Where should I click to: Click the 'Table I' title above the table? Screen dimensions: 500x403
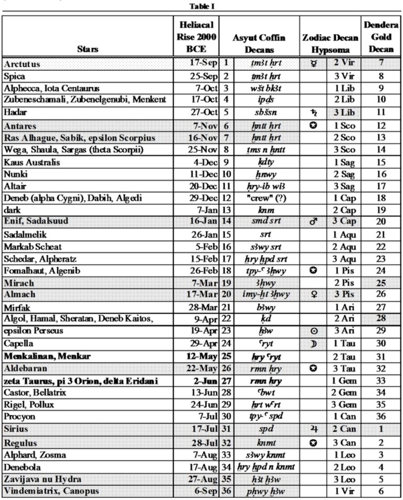pos(202,6)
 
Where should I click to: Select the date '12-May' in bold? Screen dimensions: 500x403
pos(201,356)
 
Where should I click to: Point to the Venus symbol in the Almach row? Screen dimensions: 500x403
pos(313,295)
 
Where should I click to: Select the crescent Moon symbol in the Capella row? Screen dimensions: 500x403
pos(313,344)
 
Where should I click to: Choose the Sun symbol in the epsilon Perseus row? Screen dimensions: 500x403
pos(313,332)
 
